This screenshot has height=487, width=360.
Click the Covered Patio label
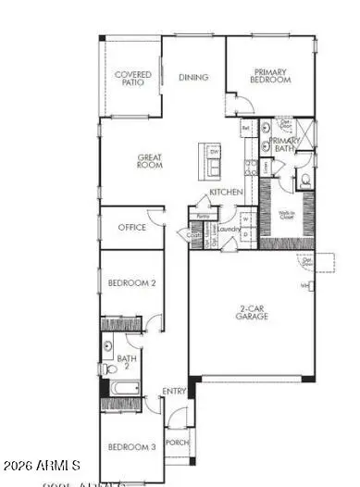point(132,79)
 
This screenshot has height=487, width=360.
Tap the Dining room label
point(193,78)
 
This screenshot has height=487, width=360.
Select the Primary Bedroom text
point(270,76)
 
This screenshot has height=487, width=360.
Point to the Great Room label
point(150,161)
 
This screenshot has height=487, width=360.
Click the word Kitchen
point(226,192)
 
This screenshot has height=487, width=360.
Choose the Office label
point(132,227)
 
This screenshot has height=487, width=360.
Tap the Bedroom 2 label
point(130,283)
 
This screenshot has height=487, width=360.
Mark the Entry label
point(175,392)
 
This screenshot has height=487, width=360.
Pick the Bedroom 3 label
point(130,448)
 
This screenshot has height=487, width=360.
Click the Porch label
point(177,443)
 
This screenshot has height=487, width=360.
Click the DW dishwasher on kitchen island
point(213,149)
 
